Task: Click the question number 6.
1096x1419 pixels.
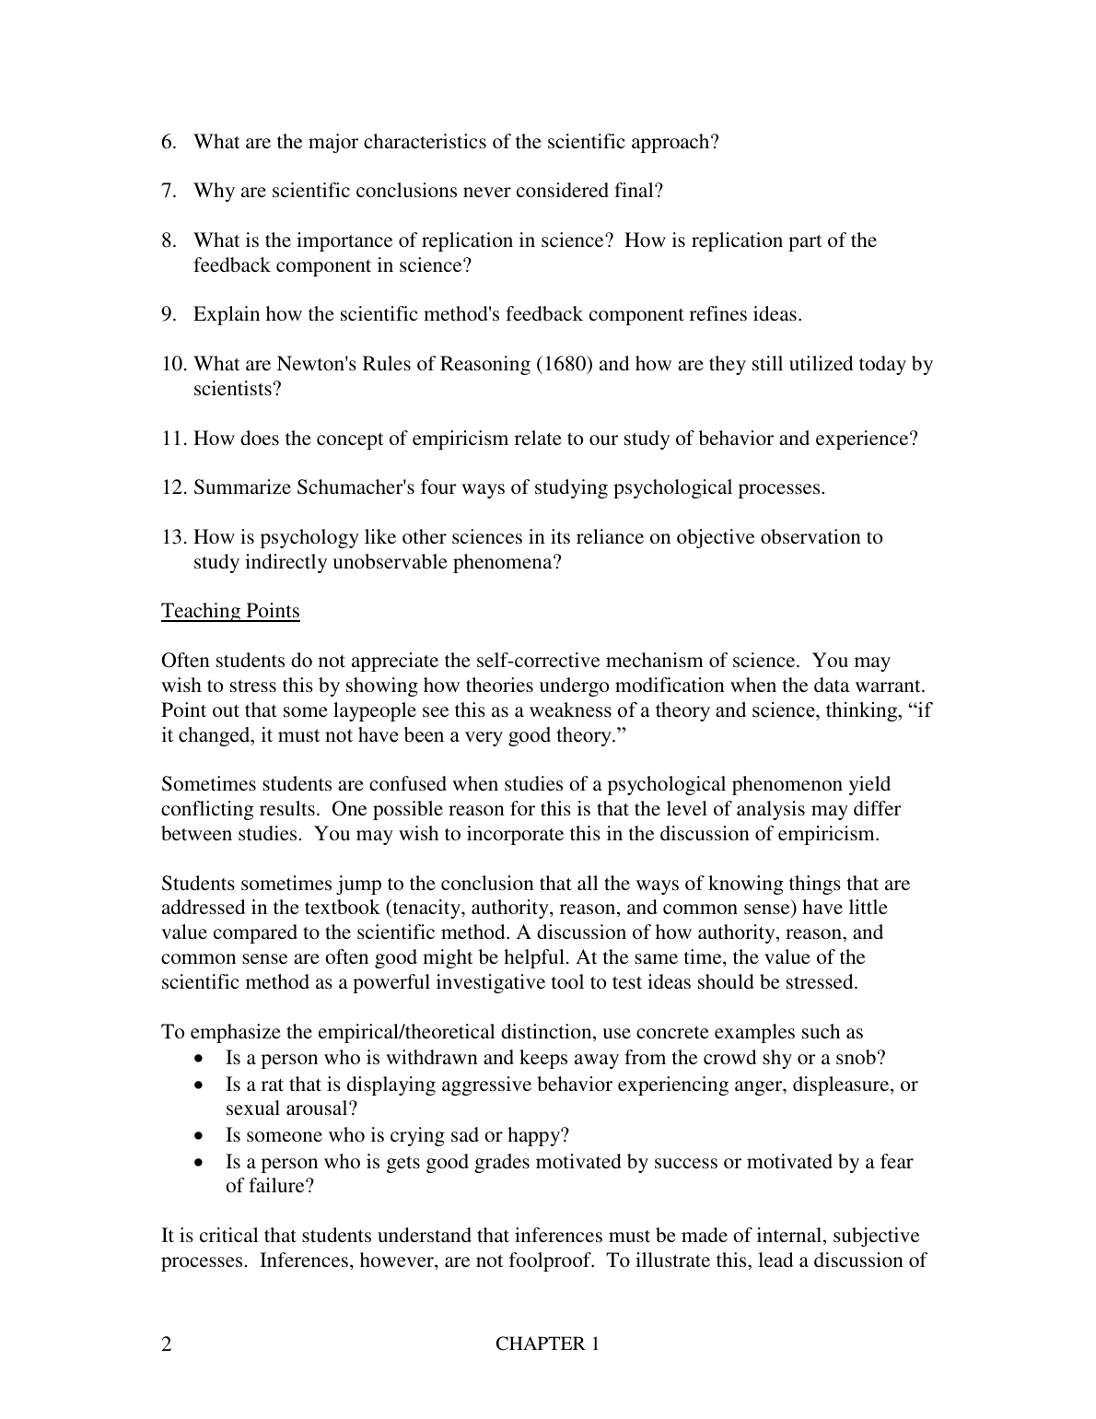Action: click(169, 142)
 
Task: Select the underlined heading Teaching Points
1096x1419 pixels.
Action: click(230, 611)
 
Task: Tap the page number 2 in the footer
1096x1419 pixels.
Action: click(167, 1344)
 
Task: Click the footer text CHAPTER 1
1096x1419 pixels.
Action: click(547, 1344)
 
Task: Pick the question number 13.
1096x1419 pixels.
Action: click(173, 537)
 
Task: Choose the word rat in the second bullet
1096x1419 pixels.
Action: click(272, 1085)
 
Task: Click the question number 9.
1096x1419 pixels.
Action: click(169, 314)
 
